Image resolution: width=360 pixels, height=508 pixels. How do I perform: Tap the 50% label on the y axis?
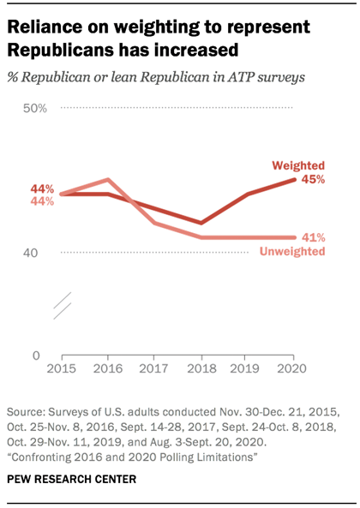pos(35,108)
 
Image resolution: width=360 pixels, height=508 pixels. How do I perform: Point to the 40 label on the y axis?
pos(40,253)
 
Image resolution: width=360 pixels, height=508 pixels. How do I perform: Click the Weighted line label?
pos(297,165)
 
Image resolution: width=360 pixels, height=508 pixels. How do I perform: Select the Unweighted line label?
pos(291,252)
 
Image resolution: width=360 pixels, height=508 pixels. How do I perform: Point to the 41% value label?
pos(313,237)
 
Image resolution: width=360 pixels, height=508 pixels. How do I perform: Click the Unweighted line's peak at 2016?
pos(108,180)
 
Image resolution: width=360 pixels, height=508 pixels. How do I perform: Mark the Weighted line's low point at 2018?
pos(201,223)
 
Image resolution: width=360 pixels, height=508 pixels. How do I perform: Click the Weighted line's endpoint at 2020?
pos(294,179)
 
